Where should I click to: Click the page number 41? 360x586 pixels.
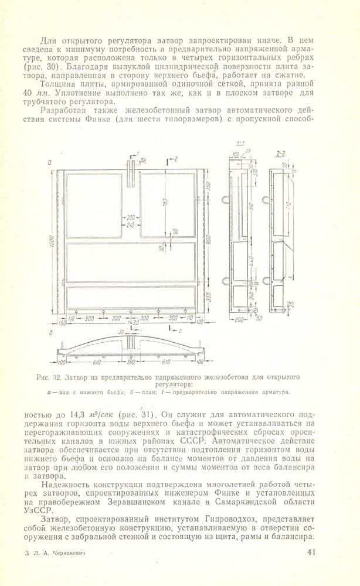(311, 552)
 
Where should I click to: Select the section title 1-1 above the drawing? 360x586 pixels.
(240, 143)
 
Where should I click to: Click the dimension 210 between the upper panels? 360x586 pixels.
(130, 225)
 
